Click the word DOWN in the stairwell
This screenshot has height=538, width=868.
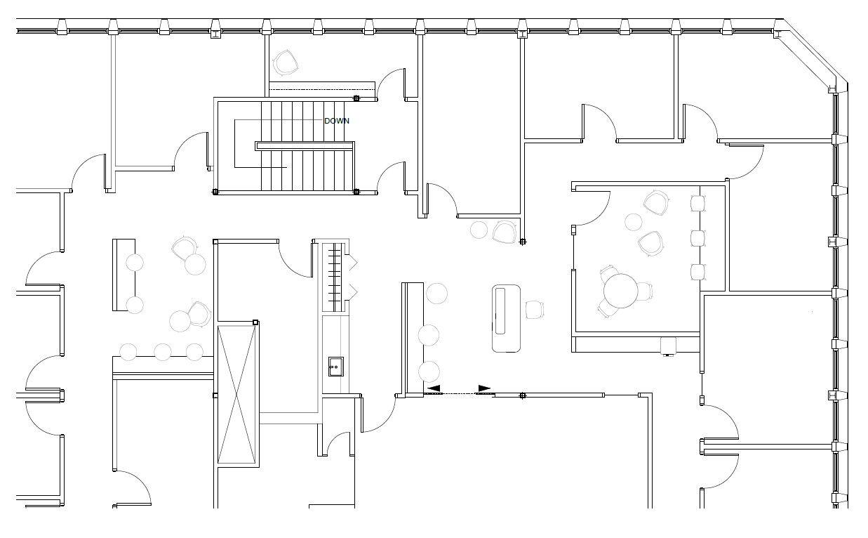click(x=337, y=121)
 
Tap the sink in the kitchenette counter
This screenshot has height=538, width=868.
click(x=336, y=367)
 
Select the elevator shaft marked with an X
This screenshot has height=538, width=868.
click(x=236, y=395)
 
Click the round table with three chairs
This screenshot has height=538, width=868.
click(x=620, y=291)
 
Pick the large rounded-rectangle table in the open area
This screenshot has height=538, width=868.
click(x=506, y=318)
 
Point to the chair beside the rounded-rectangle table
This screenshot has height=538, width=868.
click(x=535, y=310)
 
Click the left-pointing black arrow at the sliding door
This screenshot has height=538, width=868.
click(x=434, y=388)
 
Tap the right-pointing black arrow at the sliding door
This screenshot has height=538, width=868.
click(x=484, y=388)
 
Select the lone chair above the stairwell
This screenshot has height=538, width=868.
click(x=286, y=63)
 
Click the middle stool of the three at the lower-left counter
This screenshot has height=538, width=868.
click(x=163, y=352)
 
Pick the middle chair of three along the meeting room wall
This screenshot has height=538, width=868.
click(x=697, y=238)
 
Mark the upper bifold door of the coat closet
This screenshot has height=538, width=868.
click(x=351, y=262)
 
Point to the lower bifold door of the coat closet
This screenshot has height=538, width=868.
click(x=351, y=291)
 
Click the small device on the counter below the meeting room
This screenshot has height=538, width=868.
click(x=668, y=346)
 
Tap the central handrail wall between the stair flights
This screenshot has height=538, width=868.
click(x=305, y=146)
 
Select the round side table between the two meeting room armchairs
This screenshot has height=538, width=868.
click(x=634, y=222)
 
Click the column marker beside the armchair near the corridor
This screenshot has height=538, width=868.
click(x=523, y=242)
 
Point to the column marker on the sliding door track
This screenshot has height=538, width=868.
click(x=523, y=395)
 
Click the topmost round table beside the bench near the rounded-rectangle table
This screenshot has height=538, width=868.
click(x=436, y=294)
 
